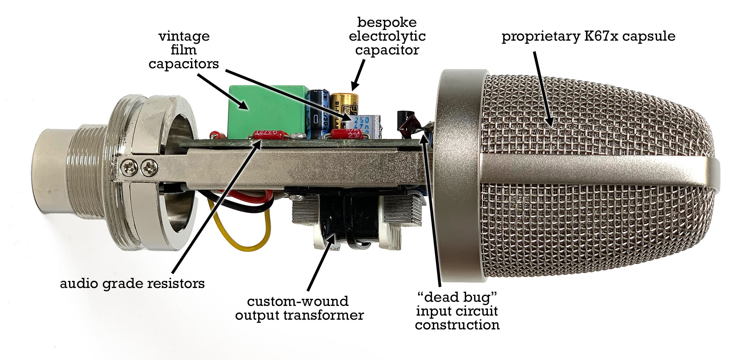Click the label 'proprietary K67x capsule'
(588, 37)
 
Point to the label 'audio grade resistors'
(132, 284)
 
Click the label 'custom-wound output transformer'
(299, 308)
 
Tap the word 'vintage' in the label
(184, 37)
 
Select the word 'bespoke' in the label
(387, 22)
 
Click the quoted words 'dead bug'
(457, 297)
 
